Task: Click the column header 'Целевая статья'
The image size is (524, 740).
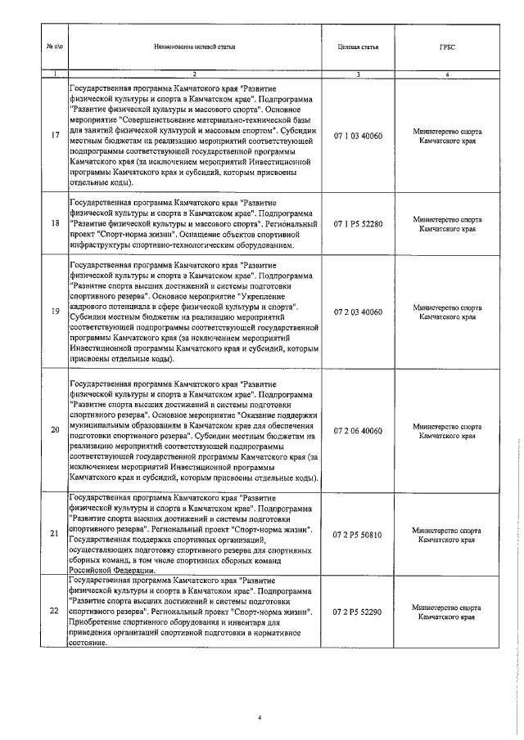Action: click(357, 47)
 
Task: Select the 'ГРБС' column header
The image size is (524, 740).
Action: click(446, 47)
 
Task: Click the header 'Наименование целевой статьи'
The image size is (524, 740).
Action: click(194, 47)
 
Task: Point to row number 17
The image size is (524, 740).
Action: click(54, 136)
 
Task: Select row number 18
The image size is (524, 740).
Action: click(54, 222)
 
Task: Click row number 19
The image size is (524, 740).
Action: click(54, 312)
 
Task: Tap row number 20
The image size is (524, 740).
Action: click(54, 430)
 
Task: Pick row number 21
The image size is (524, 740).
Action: click(54, 535)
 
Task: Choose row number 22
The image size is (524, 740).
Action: click(54, 611)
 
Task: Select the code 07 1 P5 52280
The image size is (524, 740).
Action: click(357, 222)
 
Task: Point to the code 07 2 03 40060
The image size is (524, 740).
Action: click(357, 312)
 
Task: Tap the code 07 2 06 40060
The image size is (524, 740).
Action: click(357, 430)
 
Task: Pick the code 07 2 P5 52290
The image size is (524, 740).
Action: click(357, 611)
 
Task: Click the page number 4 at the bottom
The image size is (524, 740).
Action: click(259, 718)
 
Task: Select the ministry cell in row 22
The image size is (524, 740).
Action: click(446, 612)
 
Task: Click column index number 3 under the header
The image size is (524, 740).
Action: click(357, 75)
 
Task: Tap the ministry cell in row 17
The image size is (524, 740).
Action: click(446, 136)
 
